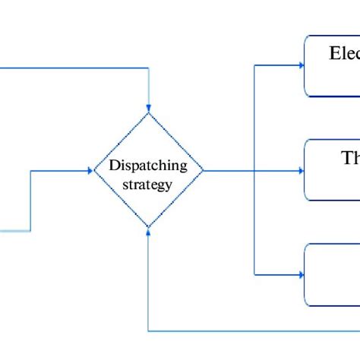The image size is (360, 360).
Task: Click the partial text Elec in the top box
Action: pyautogui.click(x=343, y=54)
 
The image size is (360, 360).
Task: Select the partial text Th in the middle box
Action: pyautogui.click(x=349, y=158)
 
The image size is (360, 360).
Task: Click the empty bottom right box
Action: pyautogui.click(x=333, y=274)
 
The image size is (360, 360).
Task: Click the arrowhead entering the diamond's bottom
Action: pyautogui.click(x=148, y=232)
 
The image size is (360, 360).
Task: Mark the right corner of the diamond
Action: pyautogui.click(x=204, y=171)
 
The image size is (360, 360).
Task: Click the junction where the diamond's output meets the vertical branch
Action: pyautogui.click(x=254, y=171)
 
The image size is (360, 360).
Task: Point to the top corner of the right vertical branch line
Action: pyautogui.click(x=254, y=66)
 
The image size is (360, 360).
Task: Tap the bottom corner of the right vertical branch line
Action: pyautogui.click(x=254, y=274)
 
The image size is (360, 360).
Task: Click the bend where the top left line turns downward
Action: pyautogui.click(x=148, y=68)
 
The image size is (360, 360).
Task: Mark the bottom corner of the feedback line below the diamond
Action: pyautogui.click(x=148, y=330)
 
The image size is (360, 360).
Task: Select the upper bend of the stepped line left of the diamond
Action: pyautogui.click(x=30, y=171)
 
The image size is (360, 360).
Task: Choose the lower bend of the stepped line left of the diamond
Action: pyautogui.click(x=30, y=229)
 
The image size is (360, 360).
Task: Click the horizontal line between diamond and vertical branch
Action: pyautogui.click(x=228, y=171)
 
